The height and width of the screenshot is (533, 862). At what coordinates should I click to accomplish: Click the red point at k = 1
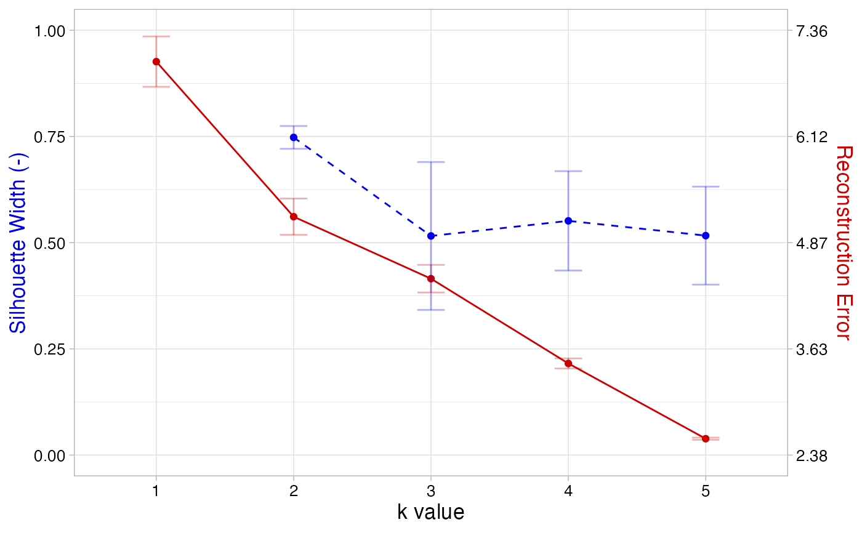[x=156, y=62]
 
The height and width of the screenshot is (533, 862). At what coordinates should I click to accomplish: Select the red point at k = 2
[x=294, y=217]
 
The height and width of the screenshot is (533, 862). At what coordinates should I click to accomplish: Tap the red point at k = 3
[x=431, y=279]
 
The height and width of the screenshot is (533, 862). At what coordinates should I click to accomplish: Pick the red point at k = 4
[x=568, y=364]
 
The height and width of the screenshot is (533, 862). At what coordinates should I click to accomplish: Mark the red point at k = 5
[x=706, y=439]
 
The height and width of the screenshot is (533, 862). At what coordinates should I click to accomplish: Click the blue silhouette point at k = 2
[x=294, y=137]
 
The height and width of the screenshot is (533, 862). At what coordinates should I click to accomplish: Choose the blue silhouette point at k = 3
[x=431, y=236]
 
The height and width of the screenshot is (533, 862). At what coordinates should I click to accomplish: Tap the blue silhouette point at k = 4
[x=568, y=221]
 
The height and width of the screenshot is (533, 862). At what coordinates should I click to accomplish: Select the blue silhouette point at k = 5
[x=706, y=236]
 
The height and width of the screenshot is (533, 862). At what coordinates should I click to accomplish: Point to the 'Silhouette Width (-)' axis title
[x=18, y=242]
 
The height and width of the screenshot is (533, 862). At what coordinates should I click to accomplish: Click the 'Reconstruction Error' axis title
[x=843, y=242]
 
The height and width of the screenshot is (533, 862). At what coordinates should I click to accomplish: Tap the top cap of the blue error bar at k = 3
[x=431, y=162]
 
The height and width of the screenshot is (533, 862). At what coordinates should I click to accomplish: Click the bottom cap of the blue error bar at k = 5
[x=706, y=284]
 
